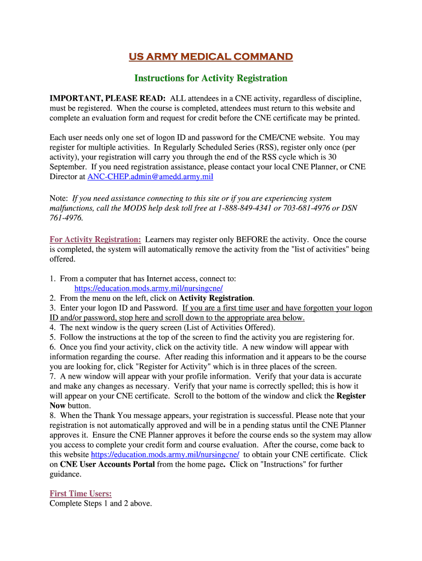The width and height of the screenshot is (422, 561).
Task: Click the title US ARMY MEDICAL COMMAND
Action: tap(210, 57)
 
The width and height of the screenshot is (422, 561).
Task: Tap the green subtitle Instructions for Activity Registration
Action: tap(210, 78)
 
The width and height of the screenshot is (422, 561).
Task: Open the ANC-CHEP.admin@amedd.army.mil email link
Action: tap(150, 177)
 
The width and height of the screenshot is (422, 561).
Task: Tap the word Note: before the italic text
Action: tap(59, 198)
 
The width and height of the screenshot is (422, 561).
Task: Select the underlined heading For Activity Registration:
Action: tap(95, 239)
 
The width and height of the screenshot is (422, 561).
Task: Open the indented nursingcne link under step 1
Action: tap(149, 288)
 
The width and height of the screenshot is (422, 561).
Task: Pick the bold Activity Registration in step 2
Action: tap(216, 298)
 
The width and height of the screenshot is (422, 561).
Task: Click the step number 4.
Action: tap(52, 328)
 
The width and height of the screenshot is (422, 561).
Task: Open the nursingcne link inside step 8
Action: tap(165, 455)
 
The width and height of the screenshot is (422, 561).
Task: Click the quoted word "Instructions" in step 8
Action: tap(284, 465)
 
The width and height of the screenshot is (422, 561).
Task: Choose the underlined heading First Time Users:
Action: tap(81, 494)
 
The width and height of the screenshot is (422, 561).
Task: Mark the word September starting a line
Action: tap(68, 167)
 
